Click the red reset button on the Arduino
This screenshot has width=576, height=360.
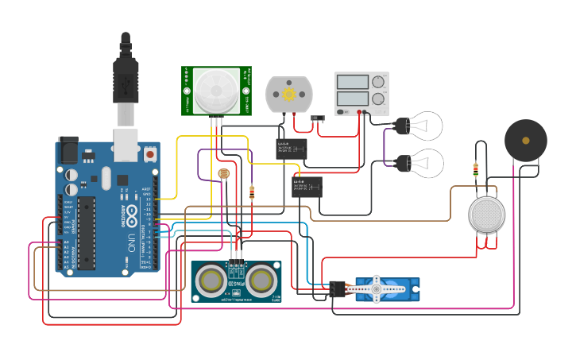(149, 152)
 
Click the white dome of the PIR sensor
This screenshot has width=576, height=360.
(216, 89)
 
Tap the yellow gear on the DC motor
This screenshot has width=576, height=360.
(288, 95)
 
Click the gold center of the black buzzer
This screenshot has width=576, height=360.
(525, 140)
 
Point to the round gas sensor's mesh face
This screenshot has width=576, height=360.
(486, 215)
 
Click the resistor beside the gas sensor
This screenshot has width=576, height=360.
(475, 169)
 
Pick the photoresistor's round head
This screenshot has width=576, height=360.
(224, 174)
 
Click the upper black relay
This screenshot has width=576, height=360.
(292, 149)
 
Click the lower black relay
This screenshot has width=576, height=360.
(308, 187)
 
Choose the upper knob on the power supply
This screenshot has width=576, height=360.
(379, 81)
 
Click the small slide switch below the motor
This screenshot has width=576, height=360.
(319, 119)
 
